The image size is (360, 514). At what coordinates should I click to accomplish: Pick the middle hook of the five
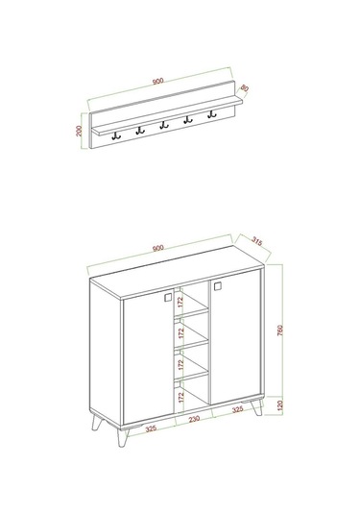163,125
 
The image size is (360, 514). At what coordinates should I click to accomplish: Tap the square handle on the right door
218,284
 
